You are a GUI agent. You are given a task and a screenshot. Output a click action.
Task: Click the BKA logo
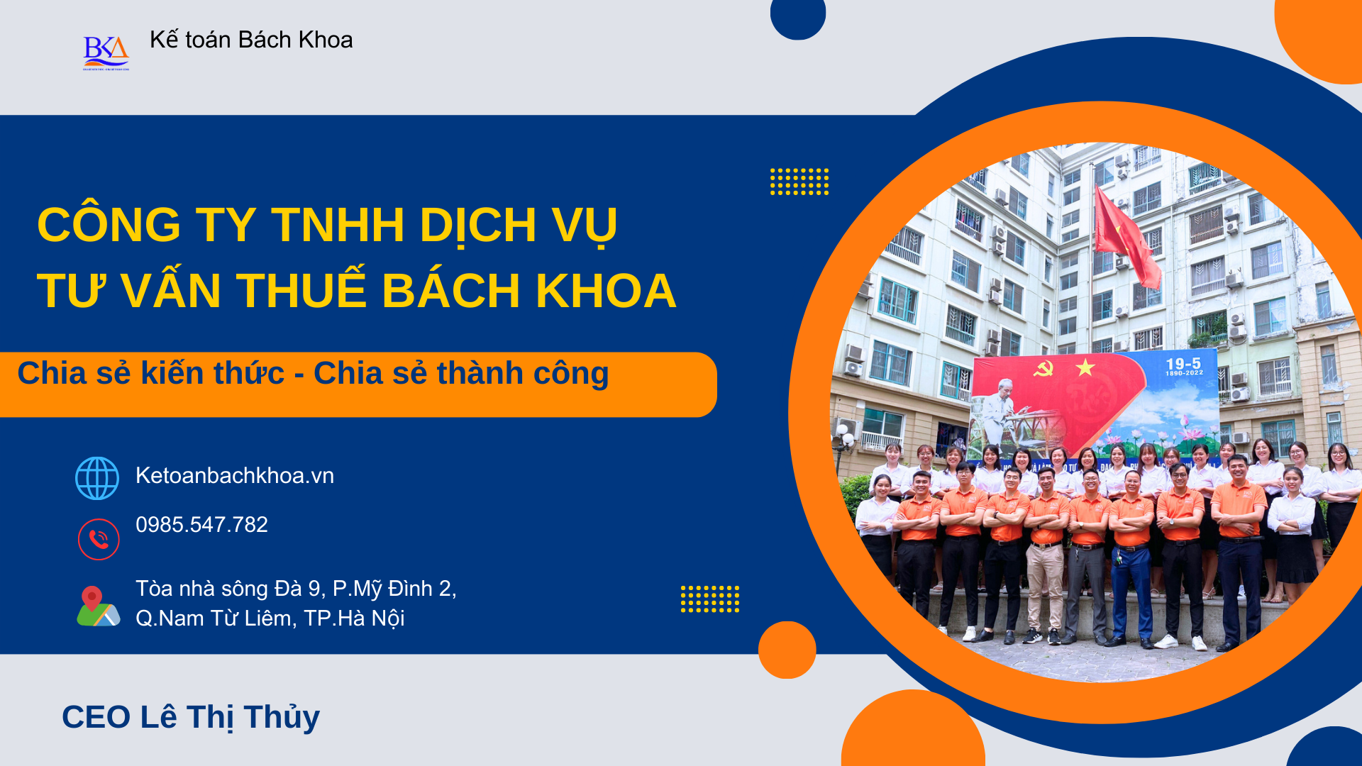point(106,52)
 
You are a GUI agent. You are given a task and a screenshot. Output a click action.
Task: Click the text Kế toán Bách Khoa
point(251,40)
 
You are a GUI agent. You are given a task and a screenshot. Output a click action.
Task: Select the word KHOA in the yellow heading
point(606,291)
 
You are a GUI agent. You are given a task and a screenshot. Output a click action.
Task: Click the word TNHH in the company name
point(338,225)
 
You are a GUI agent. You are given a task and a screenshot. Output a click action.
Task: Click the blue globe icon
point(97,478)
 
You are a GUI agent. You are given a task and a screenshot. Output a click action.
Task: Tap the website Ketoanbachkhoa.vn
point(235,475)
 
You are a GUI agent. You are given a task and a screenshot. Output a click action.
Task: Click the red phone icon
point(99,539)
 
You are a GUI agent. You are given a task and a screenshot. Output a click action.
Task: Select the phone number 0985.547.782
point(201,524)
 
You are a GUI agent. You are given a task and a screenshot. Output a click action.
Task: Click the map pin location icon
point(98,606)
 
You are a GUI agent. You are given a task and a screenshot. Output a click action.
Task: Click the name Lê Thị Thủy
point(230,717)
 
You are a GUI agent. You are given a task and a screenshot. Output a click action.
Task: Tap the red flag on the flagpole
point(1126,235)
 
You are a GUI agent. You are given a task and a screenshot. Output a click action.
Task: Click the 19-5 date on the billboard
point(1183,364)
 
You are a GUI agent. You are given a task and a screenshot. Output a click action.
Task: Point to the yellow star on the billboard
point(1085,367)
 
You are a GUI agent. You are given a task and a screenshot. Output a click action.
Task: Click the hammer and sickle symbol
point(1043,367)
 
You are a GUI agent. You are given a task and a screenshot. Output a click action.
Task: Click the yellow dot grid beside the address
point(710,599)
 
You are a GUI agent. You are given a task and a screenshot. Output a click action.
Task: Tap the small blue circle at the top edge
point(798,16)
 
